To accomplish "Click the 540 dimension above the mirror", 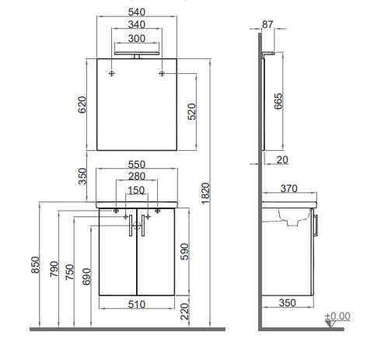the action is coord(137,12).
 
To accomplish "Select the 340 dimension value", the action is coord(137,25).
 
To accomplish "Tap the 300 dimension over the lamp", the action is coord(137,39).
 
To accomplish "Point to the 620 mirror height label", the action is coord(82,105).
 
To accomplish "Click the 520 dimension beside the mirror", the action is coord(192,111).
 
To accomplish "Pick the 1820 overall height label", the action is coord(205,194).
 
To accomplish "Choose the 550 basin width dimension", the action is coord(137,165).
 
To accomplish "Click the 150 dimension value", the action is coord(136,190).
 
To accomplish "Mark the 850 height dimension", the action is coord(35,264).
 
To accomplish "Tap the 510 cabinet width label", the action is coord(137,305).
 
